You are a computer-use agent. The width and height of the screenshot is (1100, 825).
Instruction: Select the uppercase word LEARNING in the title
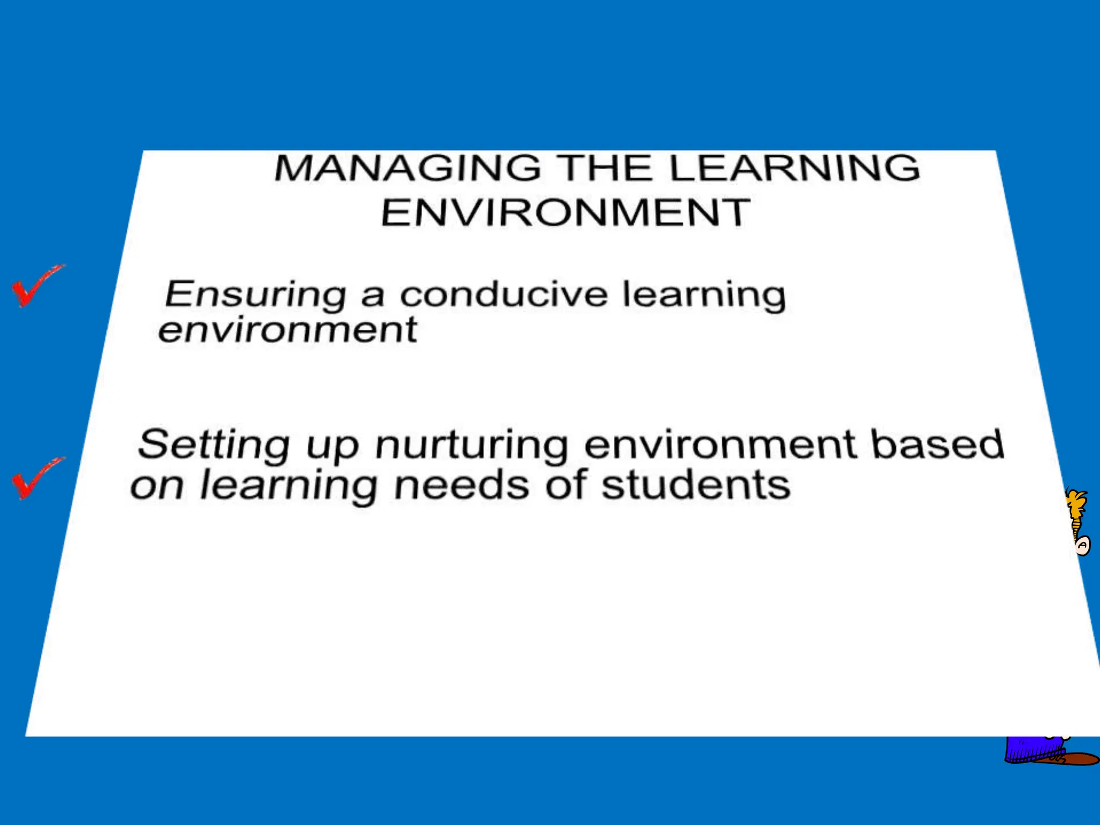[794, 168]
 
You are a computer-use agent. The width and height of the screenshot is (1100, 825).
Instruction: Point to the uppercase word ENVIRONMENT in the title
[565, 213]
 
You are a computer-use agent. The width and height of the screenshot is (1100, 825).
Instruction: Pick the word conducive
[504, 294]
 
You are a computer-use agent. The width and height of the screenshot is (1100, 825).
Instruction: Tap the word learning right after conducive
[704, 295]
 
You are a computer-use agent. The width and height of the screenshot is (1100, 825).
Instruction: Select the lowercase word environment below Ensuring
[287, 329]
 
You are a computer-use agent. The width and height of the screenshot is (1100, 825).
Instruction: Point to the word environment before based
[720, 445]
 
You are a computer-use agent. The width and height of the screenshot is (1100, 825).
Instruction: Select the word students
[696, 486]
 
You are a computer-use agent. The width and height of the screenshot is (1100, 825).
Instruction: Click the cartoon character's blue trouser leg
[1031, 749]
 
